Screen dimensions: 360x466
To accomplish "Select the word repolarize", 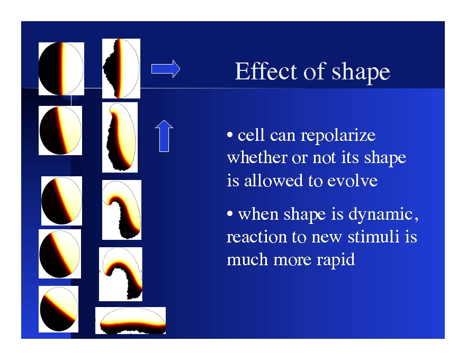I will coord(338,136).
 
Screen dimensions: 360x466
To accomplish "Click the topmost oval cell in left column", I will coord(61,69).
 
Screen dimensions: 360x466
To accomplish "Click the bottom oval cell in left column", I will coord(58,309).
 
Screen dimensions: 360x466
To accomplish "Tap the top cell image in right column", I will coord(121,68).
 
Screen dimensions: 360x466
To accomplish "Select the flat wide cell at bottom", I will coord(130,321).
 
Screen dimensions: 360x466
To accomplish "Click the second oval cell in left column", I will coord(60,130).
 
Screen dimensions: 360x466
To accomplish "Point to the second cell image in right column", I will coord(120,137).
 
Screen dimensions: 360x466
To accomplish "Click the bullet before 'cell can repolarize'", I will coord(230,136).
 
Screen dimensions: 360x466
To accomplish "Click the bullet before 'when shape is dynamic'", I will coord(230,215).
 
